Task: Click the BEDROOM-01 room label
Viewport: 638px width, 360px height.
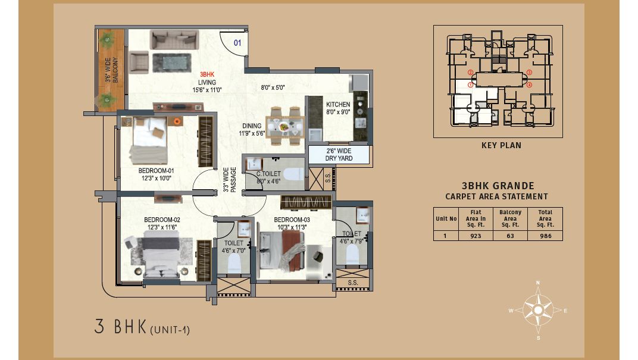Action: coord(156,171)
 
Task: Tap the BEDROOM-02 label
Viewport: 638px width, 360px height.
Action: coord(162,220)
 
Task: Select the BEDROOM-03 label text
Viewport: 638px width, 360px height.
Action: coord(292,220)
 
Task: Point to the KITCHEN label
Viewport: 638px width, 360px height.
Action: coord(338,105)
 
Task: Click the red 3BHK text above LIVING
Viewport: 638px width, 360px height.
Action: coord(207,74)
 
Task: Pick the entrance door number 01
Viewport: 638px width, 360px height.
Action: coord(237,43)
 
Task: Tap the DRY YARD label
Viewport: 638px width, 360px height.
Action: coord(339,158)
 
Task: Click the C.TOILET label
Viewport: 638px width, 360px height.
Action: coord(268,174)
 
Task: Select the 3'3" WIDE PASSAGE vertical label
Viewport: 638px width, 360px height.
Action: coord(230,179)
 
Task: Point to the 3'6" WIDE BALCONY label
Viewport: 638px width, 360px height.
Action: coord(111,70)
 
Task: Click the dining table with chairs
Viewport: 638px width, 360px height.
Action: coord(285,126)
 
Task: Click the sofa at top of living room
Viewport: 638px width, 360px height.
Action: coord(174,40)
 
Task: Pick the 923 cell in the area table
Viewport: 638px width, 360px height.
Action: coord(476,236)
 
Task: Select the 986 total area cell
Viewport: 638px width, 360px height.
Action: coord(545,236)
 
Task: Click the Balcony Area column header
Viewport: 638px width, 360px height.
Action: coord(510,218)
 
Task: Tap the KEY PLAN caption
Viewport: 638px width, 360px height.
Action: coord(501,145)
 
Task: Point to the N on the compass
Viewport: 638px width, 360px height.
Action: coord(538,282)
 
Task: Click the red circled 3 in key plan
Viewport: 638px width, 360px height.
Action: coord(529,73)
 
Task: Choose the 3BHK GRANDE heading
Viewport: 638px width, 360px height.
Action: coord(498,186)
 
